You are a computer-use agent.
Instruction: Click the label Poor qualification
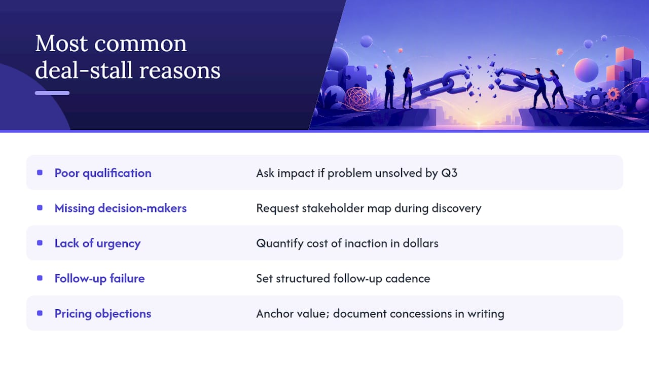tap(103, 173)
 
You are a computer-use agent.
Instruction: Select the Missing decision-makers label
tap(121, 208)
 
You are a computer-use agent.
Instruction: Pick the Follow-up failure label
tap(100, 279)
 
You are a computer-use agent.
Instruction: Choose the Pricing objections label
tap(103, 314)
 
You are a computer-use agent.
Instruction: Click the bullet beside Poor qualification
tap(40, 173)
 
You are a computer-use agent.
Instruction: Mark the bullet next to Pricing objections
tap(40, 313)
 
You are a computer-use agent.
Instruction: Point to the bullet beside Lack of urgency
tap(40, 243)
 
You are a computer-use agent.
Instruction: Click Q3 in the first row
tap(449, 173)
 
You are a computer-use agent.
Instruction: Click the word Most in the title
tap(61, 44)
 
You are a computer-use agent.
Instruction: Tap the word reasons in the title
tap(179, 71)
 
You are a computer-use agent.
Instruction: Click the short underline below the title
tap(52, 93)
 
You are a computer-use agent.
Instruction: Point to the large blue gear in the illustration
tap(595, 98)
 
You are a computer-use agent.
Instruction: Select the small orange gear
tap(613, 94)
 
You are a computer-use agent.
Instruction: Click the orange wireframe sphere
tap(357, 99)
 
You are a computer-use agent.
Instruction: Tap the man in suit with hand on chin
tap(390, 87)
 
